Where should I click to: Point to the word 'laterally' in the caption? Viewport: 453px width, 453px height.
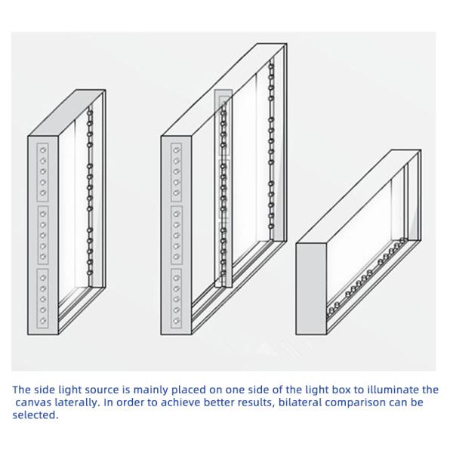78,402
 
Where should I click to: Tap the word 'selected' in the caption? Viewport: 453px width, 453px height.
35,414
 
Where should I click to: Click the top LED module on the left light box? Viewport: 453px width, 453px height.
43,172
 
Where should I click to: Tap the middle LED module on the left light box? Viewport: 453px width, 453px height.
43,235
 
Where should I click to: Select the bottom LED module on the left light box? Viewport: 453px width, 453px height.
43,299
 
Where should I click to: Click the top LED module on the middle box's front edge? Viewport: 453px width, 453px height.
176,172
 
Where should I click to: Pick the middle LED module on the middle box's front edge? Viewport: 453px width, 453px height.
176,235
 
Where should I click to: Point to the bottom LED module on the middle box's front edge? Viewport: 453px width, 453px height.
176,299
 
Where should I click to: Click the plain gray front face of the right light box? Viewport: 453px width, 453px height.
311,288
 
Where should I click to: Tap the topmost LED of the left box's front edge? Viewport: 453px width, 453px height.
43,150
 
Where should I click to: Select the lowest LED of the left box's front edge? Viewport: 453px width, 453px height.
43,321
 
